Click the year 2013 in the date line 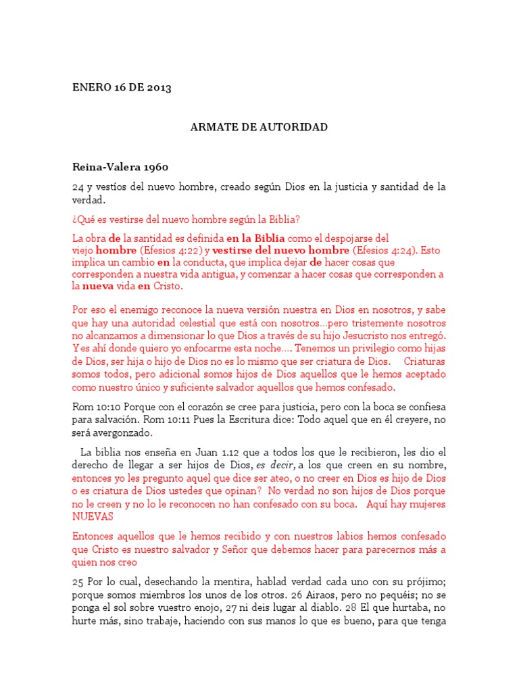(x=157, y=88)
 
